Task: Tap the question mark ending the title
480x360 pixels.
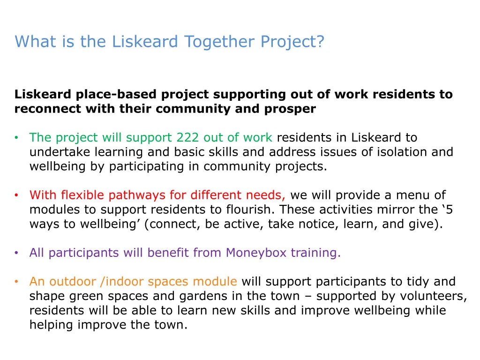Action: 320,42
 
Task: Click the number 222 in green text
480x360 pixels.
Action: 187,138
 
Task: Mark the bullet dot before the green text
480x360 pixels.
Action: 16,138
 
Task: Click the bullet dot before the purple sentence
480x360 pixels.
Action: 16,253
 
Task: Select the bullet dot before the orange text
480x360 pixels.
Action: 16,282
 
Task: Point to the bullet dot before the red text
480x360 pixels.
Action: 16,195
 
